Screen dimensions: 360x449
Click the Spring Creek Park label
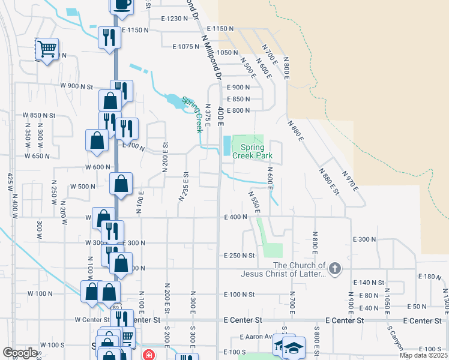coord(257,151)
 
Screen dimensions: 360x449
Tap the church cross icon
coord(335,268)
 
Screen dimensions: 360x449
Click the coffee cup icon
coord(122,4)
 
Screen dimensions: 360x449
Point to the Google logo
coord(20,353)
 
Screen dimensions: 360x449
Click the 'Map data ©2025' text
coord(423,355)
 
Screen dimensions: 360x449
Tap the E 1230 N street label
coord(175,19)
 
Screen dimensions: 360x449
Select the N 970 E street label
coord(350,181)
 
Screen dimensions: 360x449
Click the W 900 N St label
coord(76,86)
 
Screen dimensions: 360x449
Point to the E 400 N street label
coord(235,217)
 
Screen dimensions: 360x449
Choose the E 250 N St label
coord(239,256)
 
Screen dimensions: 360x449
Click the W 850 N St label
coord(39,115)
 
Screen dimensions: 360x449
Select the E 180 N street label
coord(429,277)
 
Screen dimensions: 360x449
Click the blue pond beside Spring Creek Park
coord(226,145)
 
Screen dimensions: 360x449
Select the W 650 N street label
coord(37,156)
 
